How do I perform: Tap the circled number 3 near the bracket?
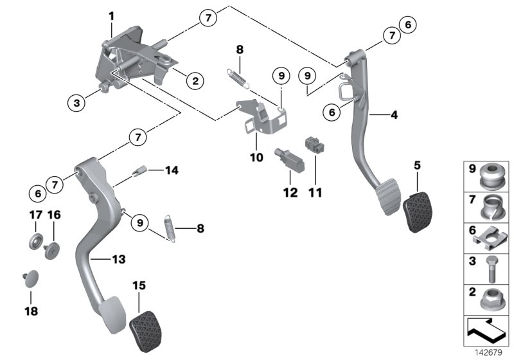76,102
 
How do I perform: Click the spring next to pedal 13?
170,227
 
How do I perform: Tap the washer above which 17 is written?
33,243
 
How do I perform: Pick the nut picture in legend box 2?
492,299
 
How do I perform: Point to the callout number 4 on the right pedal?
394,116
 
